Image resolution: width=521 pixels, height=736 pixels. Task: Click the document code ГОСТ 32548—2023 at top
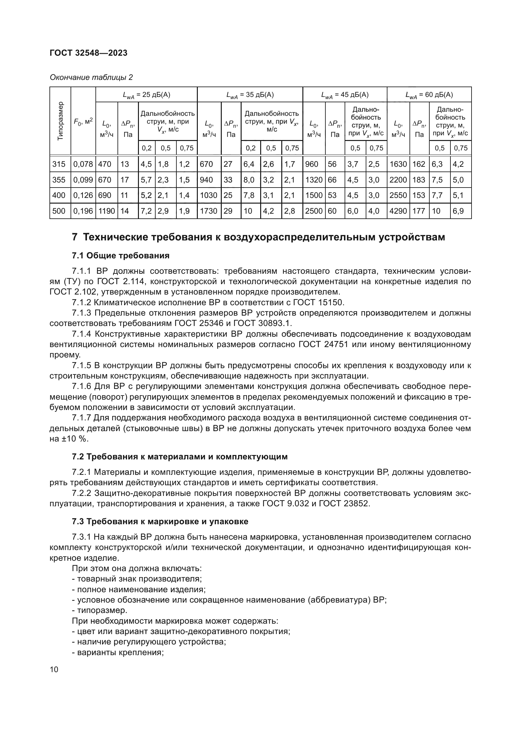click(89, 53)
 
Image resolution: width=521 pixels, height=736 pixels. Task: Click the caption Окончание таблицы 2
click(91, 77)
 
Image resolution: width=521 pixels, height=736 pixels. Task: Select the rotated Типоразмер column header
click(60, 121)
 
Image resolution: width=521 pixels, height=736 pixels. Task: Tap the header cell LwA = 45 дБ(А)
click(345, 95)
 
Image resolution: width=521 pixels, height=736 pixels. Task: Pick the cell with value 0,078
click(83, 164)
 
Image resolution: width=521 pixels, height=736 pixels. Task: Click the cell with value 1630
click(398, 164)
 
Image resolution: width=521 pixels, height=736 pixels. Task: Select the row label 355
click(59, 180)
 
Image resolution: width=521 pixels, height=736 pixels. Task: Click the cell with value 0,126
click(83, 195)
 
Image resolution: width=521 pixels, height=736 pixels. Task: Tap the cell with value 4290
click(398, 211)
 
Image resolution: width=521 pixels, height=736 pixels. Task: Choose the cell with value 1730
click(209, 211)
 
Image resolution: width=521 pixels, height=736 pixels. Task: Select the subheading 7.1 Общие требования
click(120, 256)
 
